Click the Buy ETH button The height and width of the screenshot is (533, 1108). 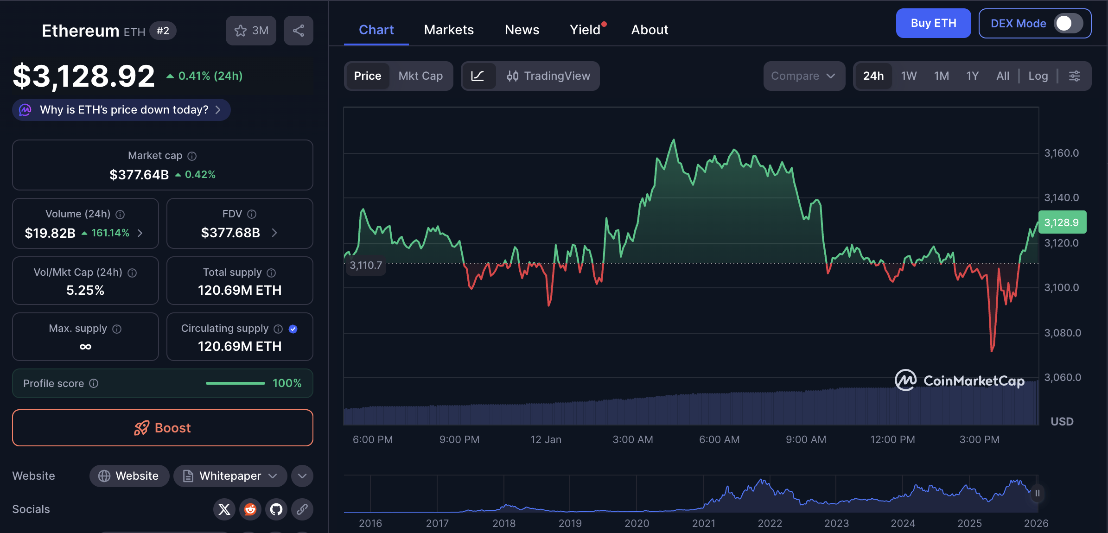933,23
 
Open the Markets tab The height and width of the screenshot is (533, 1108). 449,30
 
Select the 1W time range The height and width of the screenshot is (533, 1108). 908,76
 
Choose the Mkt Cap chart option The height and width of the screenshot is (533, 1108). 420,76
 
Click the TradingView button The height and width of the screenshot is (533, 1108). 548,76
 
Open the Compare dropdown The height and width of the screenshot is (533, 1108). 803,76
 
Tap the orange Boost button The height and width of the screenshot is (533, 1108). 162,428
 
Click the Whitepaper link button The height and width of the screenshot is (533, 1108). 230,476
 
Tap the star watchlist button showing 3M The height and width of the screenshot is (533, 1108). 251,31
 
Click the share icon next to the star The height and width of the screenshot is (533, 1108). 299,31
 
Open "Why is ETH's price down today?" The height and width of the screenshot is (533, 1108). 121,110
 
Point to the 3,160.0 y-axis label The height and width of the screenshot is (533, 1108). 1061,153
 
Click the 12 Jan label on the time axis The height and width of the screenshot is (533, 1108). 546,439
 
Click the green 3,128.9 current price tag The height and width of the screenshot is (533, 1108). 1062,222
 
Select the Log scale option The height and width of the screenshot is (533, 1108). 1038,76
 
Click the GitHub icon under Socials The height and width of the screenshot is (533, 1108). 276,509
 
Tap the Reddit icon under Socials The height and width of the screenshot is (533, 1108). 250,509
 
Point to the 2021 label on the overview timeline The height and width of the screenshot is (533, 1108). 703,523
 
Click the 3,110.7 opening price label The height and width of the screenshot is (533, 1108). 366,266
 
